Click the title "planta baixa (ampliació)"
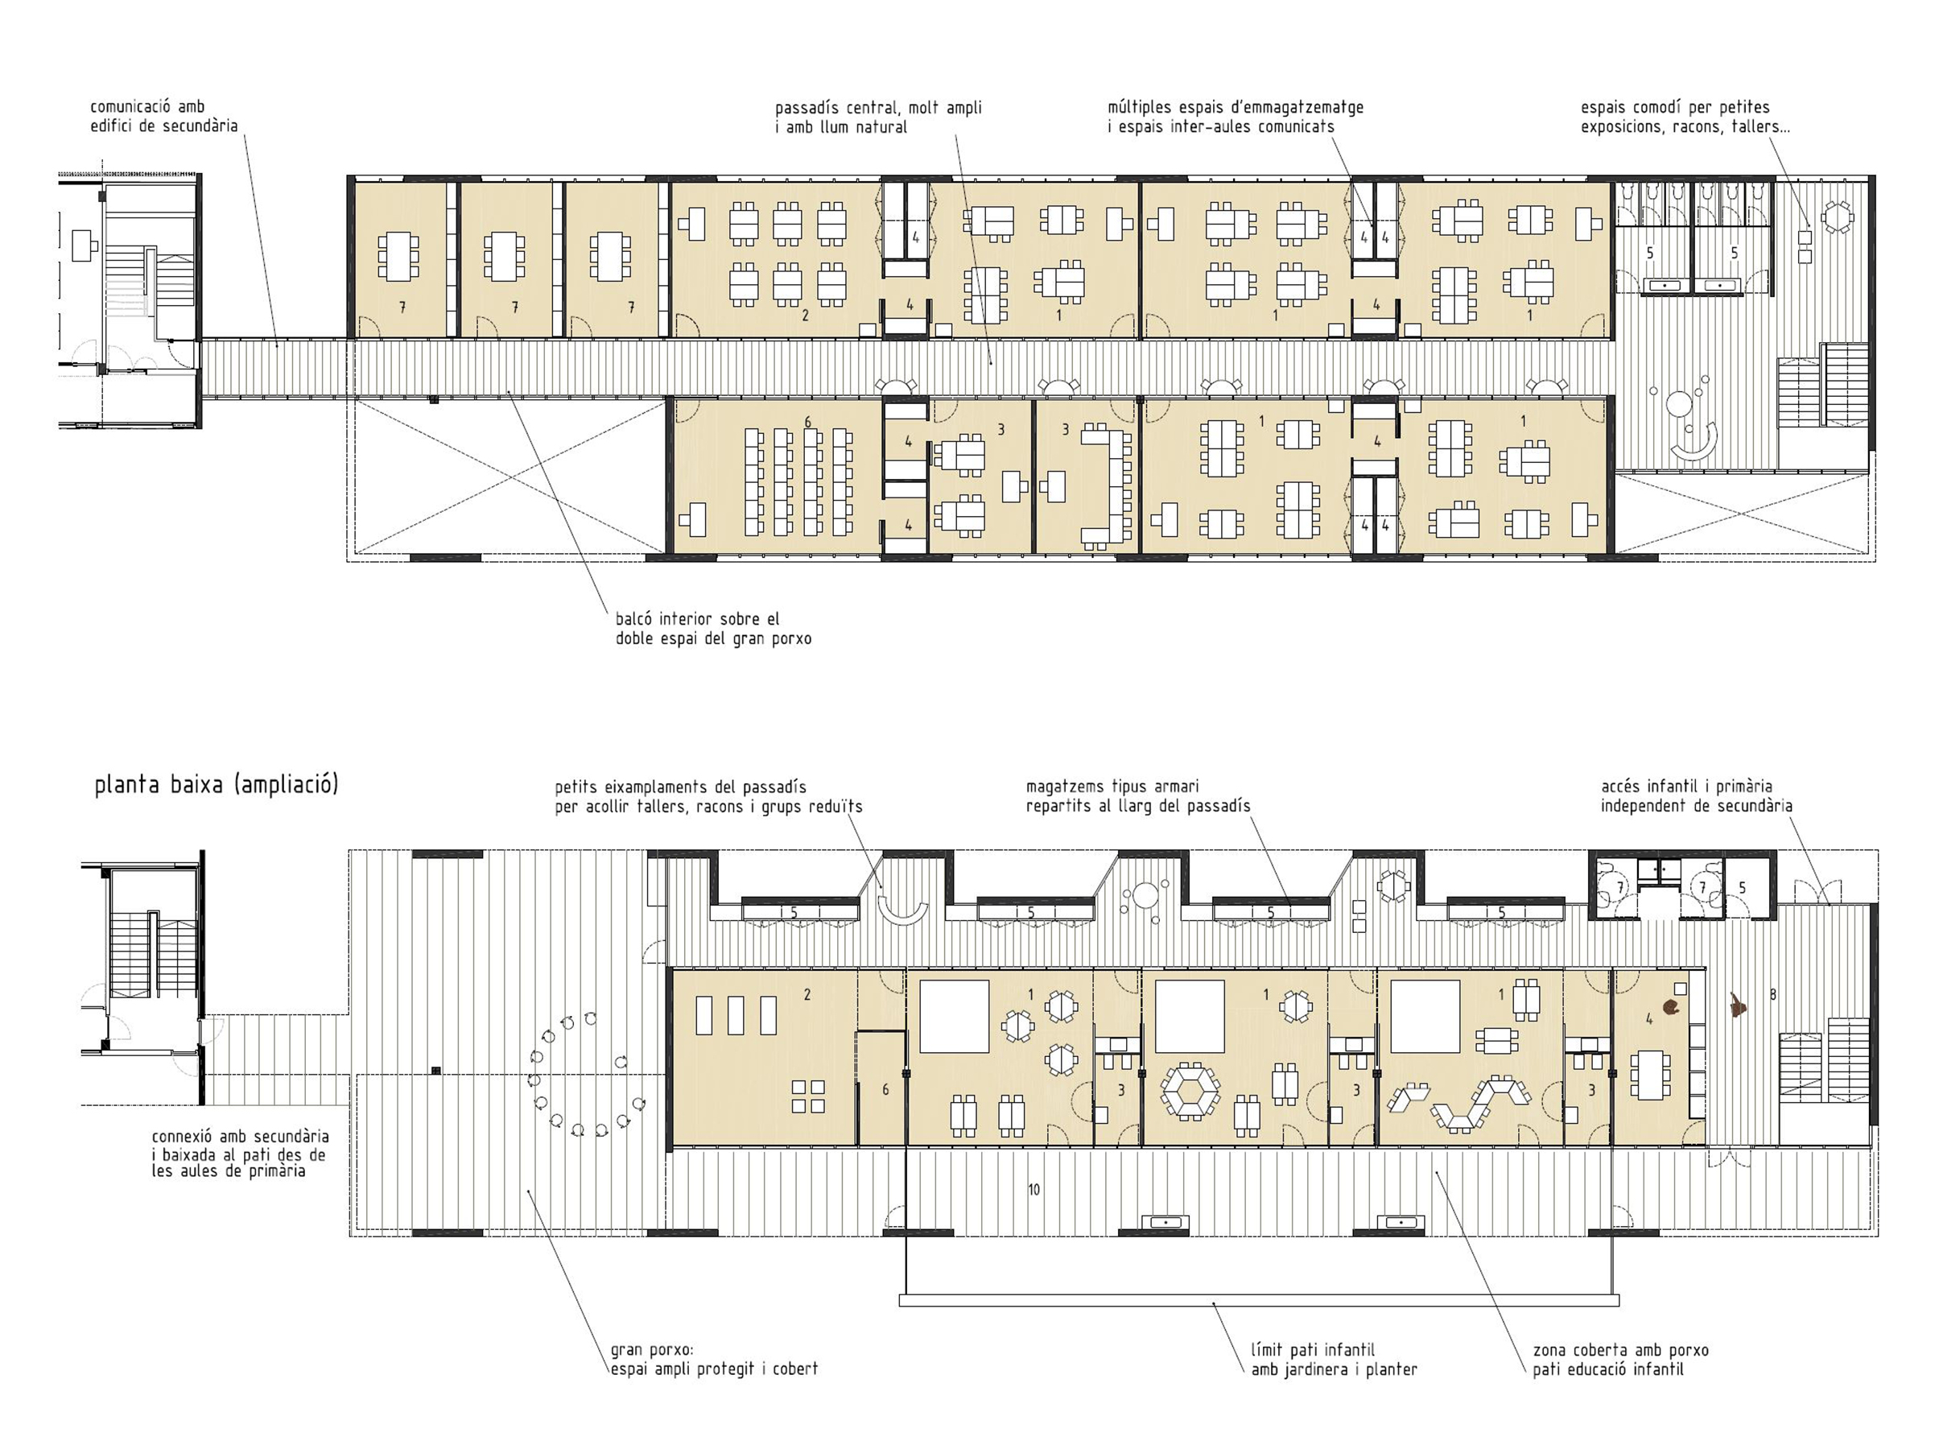pos(216,784)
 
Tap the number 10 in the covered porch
pos(1033,1190)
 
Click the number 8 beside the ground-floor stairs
pos(1773,995)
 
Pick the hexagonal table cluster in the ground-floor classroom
pos(1190,1091)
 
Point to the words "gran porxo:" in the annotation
pos(651,1350)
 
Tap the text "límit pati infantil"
pos(1312,1350)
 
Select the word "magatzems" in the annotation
pos(1066,787)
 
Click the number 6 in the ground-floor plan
pos(885,1090)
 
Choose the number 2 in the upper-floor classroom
pos(805,316)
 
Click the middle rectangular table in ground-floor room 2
pos(736,1015)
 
